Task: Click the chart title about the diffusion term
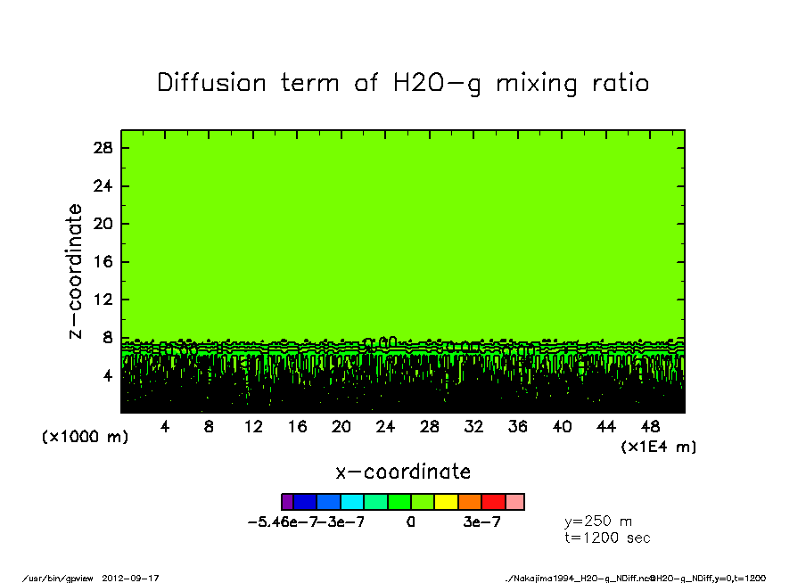403,83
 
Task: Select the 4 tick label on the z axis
108,376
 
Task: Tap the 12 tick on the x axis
253,427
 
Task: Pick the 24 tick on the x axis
385,427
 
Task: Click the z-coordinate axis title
76,271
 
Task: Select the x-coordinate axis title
403,472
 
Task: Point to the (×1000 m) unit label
85,438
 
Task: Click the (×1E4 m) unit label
659,447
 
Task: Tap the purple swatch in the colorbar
287,502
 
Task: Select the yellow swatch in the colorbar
446,502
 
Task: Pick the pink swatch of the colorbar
515,502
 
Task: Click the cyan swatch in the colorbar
353,502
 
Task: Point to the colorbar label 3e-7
481,522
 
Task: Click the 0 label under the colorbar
410,522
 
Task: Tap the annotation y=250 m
598,521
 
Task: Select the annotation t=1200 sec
608,538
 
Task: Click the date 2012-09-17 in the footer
137,578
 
